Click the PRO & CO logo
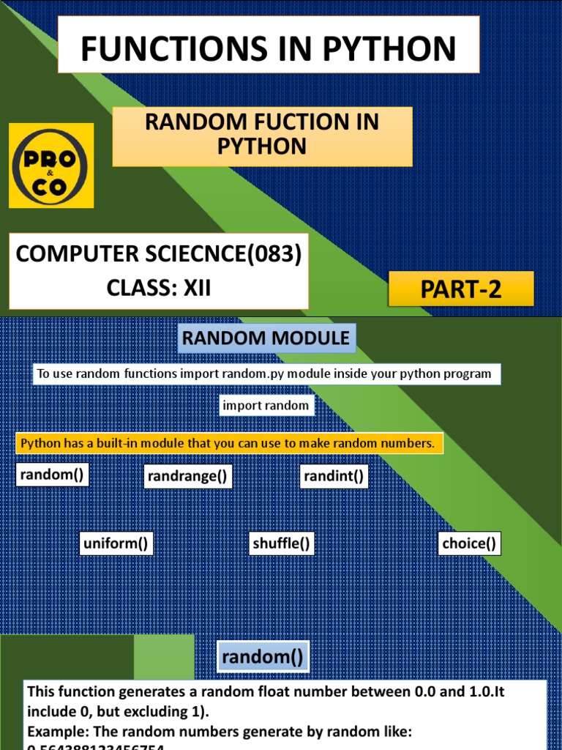(51, 166)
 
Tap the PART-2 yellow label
(461, 289)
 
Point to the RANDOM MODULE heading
(266, 338)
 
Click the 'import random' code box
(266, 405)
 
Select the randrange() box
(188, 478)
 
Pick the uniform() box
(116, 543)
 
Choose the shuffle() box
(282, 543)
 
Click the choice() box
(469, 543)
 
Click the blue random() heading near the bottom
(262, 657)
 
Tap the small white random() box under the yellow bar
(52, 475)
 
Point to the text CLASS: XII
(159, 288)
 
